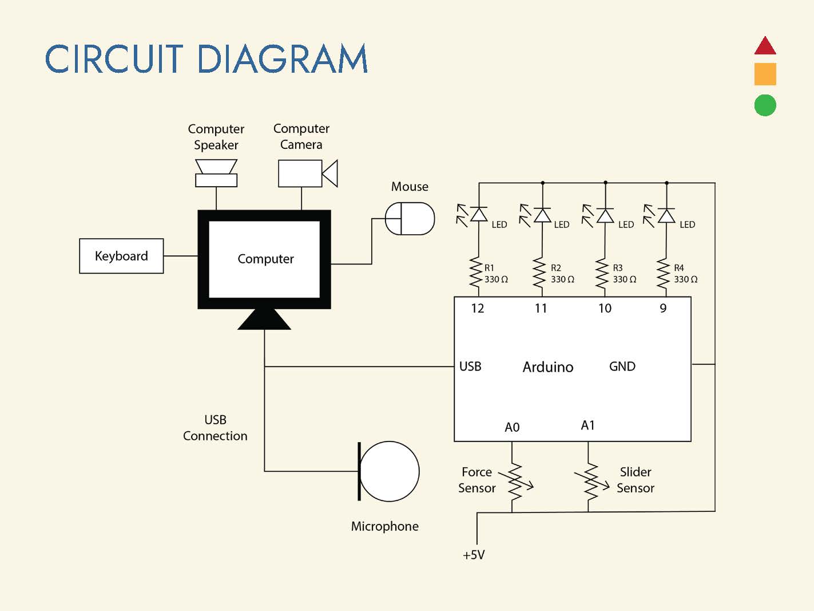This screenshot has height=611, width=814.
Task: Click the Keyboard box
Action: tap(121, 256)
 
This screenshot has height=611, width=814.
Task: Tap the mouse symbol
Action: tap(410, 218)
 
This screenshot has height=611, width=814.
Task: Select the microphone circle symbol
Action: tap(389, 471)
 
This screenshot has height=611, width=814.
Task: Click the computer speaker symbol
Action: tap(216, 173)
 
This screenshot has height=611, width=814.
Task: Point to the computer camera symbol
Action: tap(307, 173)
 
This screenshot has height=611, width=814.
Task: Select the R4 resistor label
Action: tap(679, 267)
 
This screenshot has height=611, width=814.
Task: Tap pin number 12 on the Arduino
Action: tap(478, 309)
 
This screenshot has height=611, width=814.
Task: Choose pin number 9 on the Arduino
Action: tap(663, 309)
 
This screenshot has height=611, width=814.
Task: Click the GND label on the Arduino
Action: tap(622, 366)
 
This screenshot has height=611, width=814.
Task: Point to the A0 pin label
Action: tap(512, 427)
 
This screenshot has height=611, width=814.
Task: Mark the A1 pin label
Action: tap(588, 425)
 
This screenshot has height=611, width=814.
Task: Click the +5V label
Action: tap(474, 555)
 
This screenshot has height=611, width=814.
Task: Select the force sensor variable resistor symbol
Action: tap(515, 480)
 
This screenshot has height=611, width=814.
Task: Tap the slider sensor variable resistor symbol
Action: tap(590, 480)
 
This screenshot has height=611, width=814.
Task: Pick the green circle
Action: tap(765, 105)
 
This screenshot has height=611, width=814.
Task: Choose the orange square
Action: tap(765, 74)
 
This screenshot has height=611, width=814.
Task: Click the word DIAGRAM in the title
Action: tap(282, 59)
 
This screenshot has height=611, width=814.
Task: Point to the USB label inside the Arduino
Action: tap(470, 366)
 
